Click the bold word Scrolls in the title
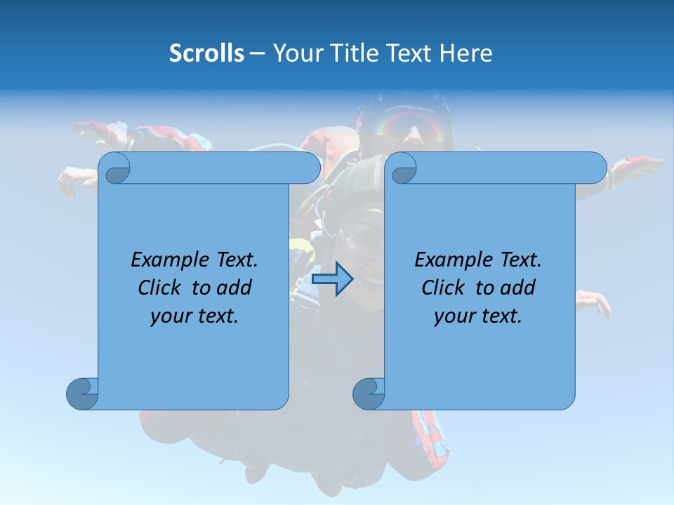click(206, 53)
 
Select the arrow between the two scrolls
click(332, 279)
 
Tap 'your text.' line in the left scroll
click(194, 316)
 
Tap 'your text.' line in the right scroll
click(477, 316)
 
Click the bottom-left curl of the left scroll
click(83, 393)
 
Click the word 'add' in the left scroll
click(235, 288)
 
